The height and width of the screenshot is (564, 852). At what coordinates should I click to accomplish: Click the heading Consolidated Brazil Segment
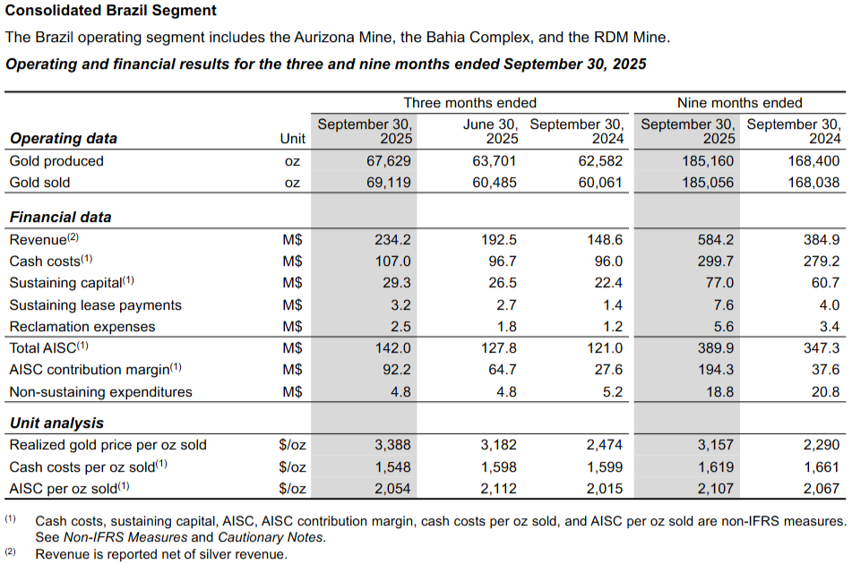[x=111, y=11]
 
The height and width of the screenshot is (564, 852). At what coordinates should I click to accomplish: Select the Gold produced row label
[x=56, y=161]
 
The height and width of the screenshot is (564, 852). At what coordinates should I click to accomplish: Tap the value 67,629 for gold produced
[x=388, y=161]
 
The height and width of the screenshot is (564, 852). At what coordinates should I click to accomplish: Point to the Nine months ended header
[x=739, y=103]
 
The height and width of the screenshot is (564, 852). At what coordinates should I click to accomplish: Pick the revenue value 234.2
[x=392, y=240]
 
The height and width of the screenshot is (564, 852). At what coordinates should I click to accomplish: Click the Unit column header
[x=292, y=139]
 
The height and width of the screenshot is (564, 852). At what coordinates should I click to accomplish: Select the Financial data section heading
[x=60, y=218]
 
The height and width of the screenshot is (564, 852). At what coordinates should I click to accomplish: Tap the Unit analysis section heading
[x=56, y=423]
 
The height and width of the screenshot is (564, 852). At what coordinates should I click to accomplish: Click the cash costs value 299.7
[x=716, y=261]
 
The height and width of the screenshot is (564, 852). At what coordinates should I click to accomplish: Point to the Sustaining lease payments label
[x=95, y=305]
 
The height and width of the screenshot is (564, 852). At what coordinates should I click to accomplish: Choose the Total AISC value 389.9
[x=716, y=348]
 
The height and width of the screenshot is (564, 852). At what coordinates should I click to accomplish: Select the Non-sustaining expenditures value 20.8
[x=825, y=392]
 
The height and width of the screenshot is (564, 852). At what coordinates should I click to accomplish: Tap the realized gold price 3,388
[x=392, y=445]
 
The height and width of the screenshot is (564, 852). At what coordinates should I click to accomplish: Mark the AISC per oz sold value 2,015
[x=604, y=489]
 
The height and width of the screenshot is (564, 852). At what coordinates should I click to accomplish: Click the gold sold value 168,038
[x=813, y=183]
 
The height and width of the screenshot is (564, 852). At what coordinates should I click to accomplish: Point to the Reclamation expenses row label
[x=82, y=327]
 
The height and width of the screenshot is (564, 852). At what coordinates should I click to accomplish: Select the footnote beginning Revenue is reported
[x=161, y=554]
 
